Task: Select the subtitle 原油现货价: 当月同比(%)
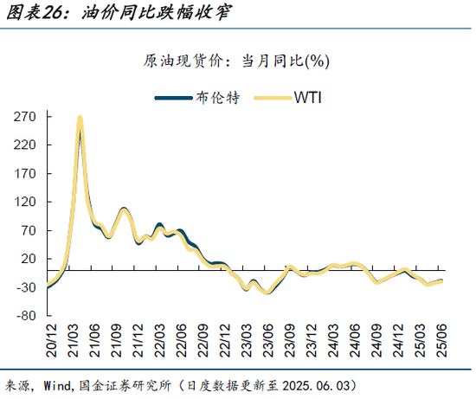(236, 61)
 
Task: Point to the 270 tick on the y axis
(23, 116)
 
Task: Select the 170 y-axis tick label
(23, 173)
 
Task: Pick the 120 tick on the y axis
(23, 202)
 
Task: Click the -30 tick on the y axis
(23, 287)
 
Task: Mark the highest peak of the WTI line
(80, 117)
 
